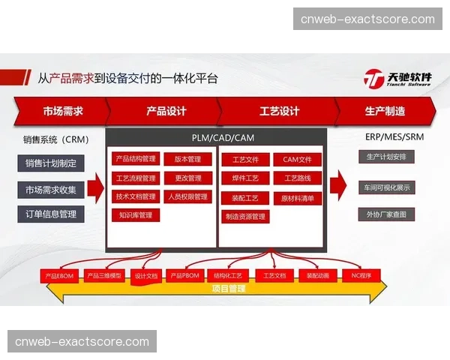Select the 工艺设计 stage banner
click(279, 112)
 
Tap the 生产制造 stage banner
click(385, 112)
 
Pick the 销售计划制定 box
click(51, 163)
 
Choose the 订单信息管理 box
click(51, 214)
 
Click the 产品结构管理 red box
click(136, 159)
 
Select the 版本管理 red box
click(187, 159)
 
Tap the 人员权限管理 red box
click(187, 197)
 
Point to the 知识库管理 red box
click(136, 216)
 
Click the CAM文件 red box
click(297, 160)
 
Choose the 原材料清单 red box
click(297, 198)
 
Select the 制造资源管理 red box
click(245, 217)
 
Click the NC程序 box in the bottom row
click(362, 276)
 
